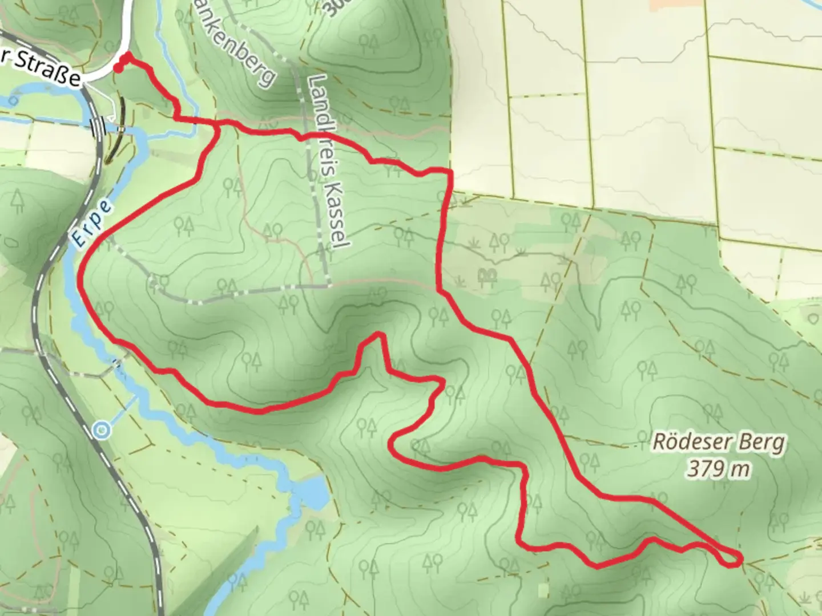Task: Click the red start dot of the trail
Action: (x=118, y=68)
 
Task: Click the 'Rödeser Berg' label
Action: (x=719, y=443)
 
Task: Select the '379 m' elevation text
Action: (x=718, y=469)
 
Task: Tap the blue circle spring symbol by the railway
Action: (x=102, y=429)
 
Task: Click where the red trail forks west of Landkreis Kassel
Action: (x=219, y=127)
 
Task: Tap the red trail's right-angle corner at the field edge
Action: (x=450, y=171)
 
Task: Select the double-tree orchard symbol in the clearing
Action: (x=486, y=278)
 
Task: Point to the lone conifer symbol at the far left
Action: (x=17, y=201)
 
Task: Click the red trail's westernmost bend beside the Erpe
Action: (x=80, y=279)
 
